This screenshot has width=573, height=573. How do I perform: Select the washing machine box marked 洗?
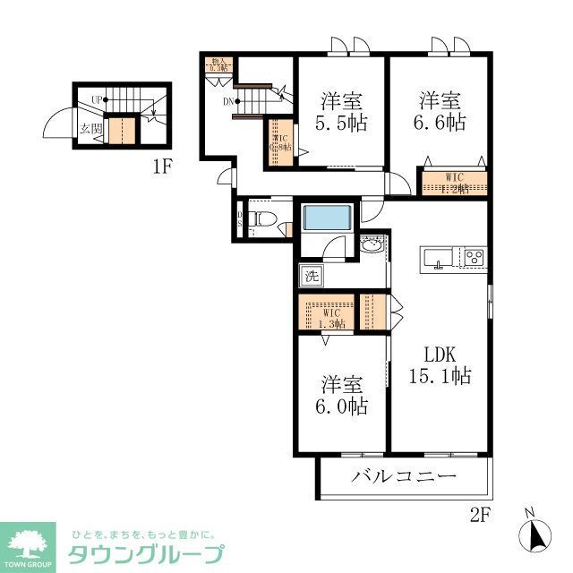(311, 276)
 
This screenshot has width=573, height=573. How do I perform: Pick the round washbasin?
(372, 244)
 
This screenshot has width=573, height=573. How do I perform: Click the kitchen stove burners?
(472, 258)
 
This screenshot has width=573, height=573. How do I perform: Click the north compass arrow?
(535, 535)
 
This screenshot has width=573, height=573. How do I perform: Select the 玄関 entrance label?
(91, 128)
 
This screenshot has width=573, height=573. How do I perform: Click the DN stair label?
(229, 101)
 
